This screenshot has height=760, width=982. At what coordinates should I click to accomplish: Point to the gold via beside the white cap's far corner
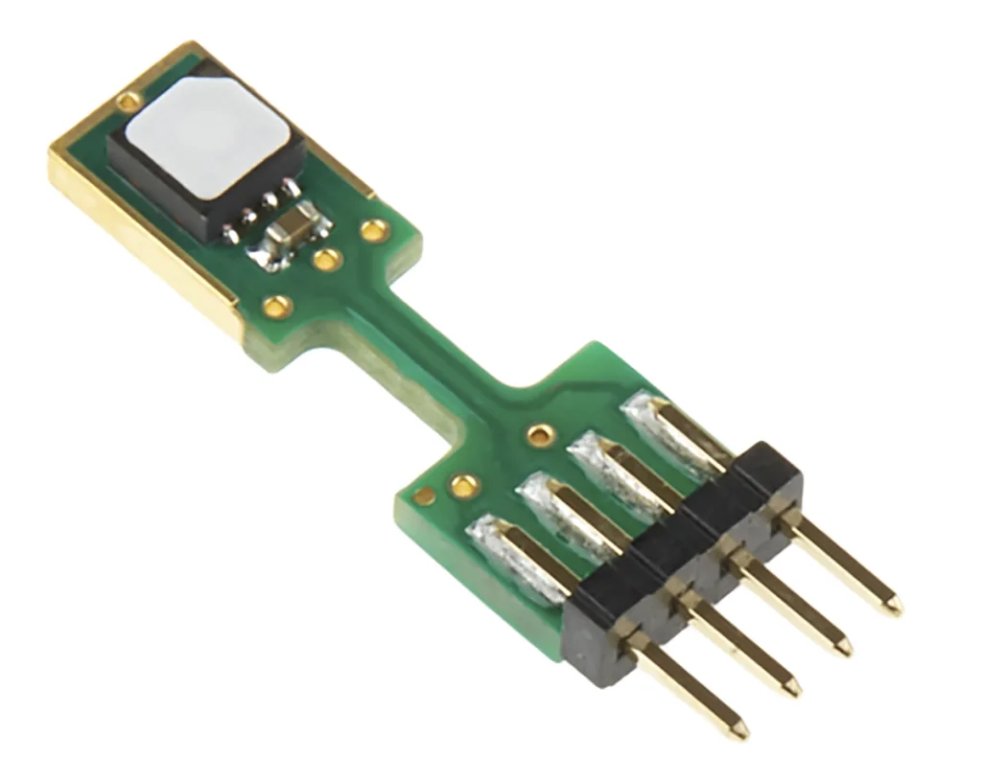[128, 101]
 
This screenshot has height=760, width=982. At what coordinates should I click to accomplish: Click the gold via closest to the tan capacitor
[328, 259]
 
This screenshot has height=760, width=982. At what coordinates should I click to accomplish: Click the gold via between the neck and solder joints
[542, 435]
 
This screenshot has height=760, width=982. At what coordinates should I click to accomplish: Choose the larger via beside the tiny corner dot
[465, 486]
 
